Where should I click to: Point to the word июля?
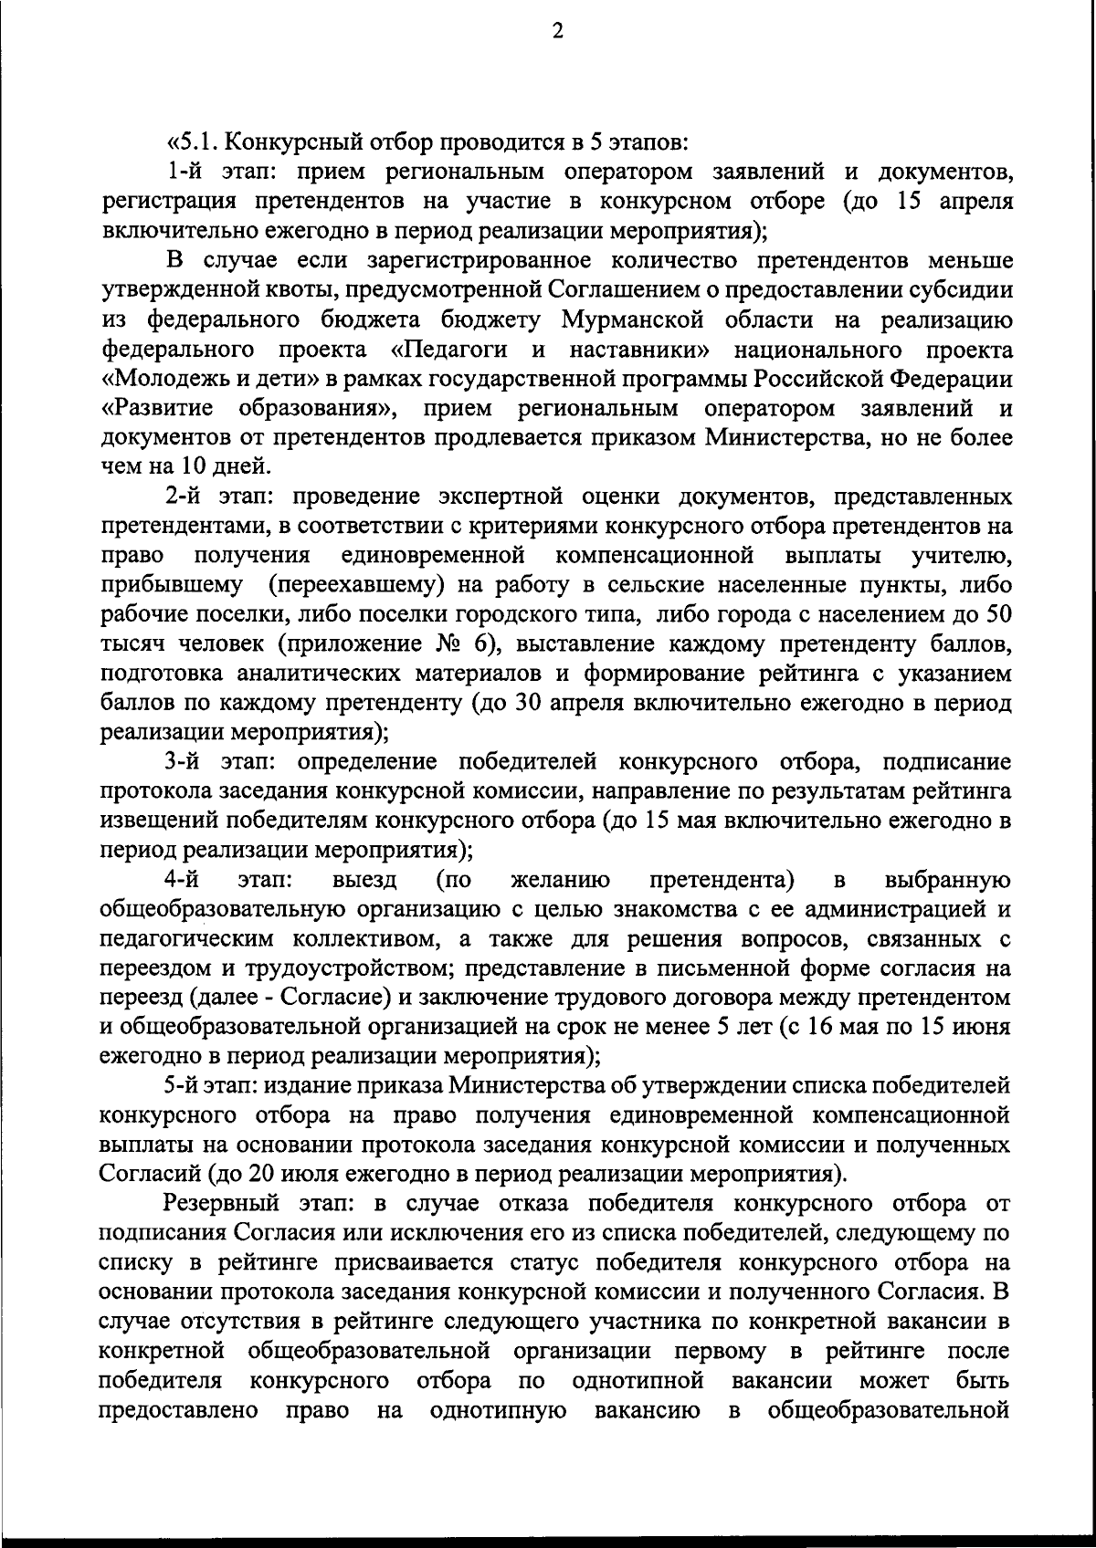pos(297,1174)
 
